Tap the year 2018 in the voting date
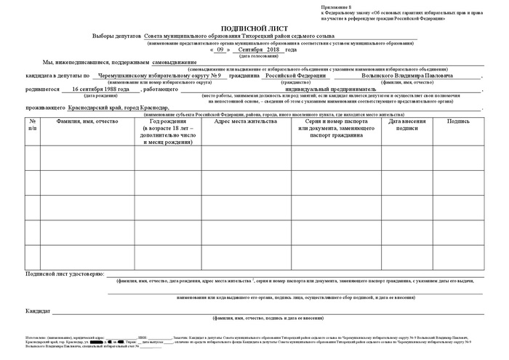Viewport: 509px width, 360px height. (x=273, y=49)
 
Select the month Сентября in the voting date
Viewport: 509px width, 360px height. (x=244, y=49)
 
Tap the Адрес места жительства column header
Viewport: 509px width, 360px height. (x=246, y=121)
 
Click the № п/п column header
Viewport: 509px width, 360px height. (x=33, y=124)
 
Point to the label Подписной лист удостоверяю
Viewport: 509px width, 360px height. (x=64, y=274)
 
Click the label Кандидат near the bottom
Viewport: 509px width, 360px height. (x=38, y=311)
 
